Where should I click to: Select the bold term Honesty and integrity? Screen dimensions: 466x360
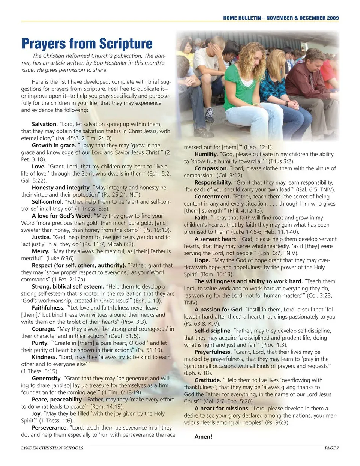coord(61,188)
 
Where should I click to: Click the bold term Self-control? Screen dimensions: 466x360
coord(47,202)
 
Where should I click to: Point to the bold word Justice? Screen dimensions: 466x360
coord(41,237)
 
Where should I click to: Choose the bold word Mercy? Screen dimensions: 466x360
coord(40,251)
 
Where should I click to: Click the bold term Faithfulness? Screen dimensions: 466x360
coord(48,308)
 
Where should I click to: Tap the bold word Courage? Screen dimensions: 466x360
coord(43,329)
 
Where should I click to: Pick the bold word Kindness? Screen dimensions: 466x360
coord(44,357)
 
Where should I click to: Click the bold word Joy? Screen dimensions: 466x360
coord(37,414)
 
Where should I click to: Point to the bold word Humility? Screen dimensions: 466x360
coord(206,154)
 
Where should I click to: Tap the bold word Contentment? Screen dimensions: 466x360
coord(213,197)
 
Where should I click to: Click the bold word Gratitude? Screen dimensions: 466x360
coord(208,380)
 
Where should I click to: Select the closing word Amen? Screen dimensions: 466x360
coord(203,437)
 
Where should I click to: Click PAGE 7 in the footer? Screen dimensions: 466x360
coord(331,448)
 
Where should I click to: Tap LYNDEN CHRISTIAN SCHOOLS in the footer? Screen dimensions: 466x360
coord(52,448)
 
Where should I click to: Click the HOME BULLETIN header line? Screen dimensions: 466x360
coord(281,18)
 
